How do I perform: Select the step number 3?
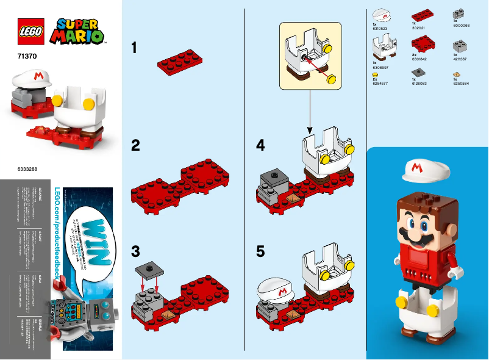pyautogui.click(x=136, y=251)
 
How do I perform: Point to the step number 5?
pyautogui.click(x=261, y=251)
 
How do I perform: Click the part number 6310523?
pyautogui.click(x=379, y=27)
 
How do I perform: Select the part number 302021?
pyautogui.click(x=418, y=27)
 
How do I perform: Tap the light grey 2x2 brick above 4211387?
pyautogui.click(x=457, y=46)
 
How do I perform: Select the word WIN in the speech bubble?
pyautogui.click(x=87, y=236)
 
